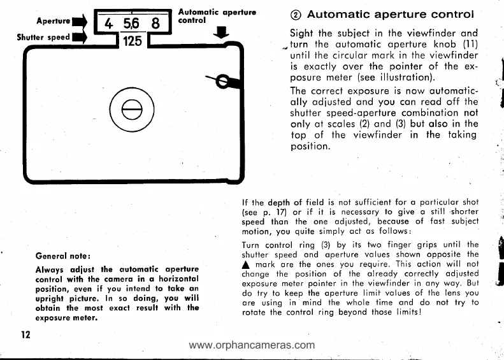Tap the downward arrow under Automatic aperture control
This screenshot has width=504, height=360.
(x=220, y=32)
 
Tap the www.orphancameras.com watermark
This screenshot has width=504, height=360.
(x=252, y=346)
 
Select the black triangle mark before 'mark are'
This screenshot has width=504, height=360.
(x=247, y=265)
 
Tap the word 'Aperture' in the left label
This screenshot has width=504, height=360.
(x=54, y=21)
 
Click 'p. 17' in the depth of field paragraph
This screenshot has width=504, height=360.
(x=268, y=211)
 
